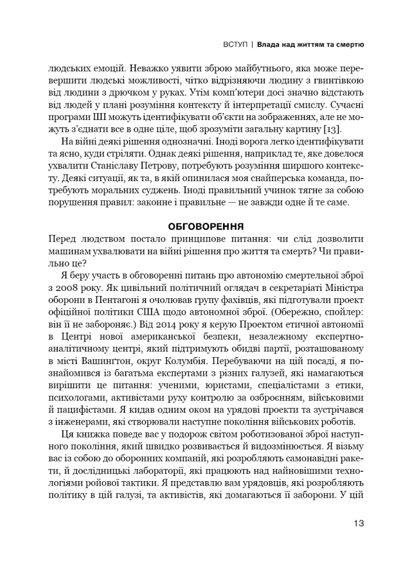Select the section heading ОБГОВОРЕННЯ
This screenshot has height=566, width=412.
pyautogui.click(x=205, y=226)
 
